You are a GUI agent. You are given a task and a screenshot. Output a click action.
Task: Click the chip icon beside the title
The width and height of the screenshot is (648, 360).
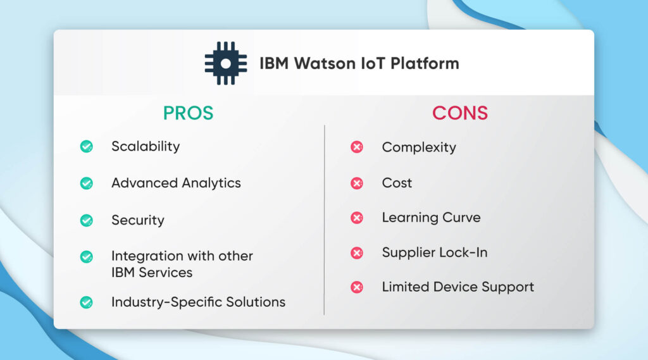[x=225, y=63]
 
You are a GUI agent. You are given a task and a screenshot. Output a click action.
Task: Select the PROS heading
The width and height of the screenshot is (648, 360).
[x=188, y=113]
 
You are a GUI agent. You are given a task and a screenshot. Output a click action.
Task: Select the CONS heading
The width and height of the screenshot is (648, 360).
[x=460, y=113]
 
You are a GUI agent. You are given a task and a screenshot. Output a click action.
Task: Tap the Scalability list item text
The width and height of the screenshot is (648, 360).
[x=146, y=146]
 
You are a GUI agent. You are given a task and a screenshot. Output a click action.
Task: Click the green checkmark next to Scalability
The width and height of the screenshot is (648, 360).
[x=87, y=147]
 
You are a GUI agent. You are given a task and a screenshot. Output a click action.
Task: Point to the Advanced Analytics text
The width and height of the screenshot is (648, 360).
[x=176, y=183]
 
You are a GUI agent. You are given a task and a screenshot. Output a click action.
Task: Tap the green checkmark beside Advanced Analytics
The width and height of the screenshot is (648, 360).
[x=87, y=183]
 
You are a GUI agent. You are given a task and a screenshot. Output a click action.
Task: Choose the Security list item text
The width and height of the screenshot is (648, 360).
[x=138, y=220]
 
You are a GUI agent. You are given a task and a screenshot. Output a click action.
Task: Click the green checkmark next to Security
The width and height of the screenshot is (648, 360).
[x=87, y=221]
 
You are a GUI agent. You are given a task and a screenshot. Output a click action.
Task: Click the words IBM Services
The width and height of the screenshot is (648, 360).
[x=152, y=273]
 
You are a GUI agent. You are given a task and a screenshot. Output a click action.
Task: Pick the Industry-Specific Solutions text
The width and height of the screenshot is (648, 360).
[x=198, y=302]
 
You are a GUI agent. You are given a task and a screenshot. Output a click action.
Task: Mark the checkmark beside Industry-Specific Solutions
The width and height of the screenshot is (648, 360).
[x=87, y=302]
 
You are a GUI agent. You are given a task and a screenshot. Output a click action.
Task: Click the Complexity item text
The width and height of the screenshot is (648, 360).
[x=419, y=147]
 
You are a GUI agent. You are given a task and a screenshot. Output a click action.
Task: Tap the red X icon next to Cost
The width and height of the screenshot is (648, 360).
[x=357, y=183]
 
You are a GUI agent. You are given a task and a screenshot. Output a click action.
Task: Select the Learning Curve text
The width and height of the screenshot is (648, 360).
[x=431, y=218]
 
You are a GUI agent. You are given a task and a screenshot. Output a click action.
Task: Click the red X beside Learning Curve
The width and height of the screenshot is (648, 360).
[x=357, y=218]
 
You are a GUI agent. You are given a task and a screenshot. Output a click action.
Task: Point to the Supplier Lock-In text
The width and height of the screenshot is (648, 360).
[x=434, y=252]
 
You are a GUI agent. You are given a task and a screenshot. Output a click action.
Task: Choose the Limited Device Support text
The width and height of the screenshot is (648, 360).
[x=458, y=287]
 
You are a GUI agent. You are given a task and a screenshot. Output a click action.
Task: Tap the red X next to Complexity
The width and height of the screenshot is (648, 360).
[x=357, y=147]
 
